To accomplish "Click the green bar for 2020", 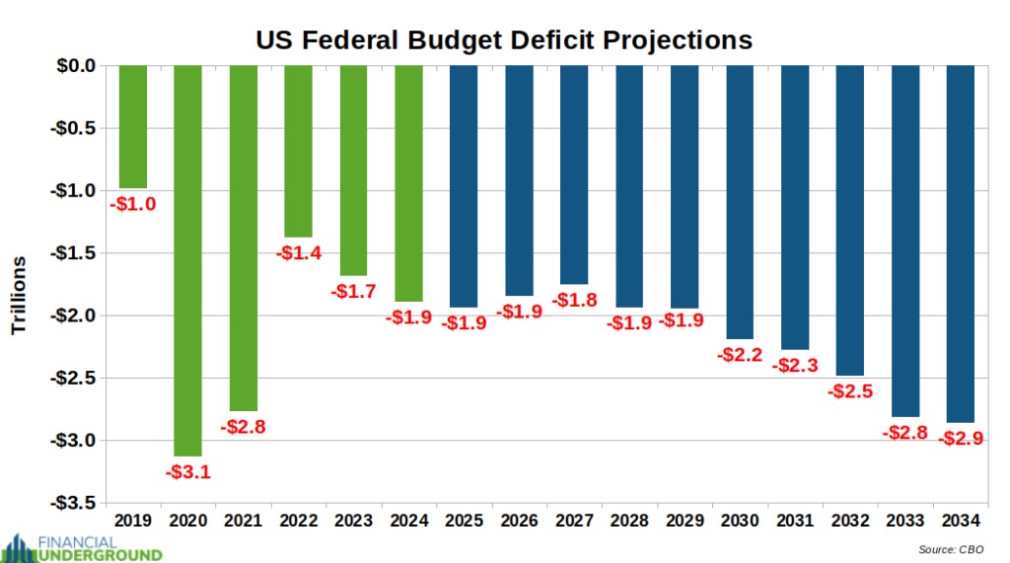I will point(187,260).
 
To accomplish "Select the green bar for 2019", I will point(132,126).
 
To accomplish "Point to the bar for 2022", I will point(298,151).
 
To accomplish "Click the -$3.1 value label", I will point(187,472).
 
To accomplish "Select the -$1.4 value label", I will point(298,253).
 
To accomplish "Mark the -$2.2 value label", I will point(740,355).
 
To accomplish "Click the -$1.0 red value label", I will point(132,204).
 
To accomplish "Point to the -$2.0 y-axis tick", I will point(74,316).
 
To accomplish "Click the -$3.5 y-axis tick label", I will point(74,502).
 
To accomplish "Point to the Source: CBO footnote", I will point(955,548).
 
